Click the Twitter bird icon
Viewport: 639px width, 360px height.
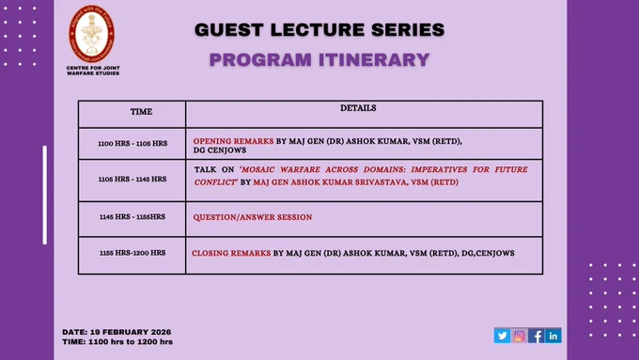502,336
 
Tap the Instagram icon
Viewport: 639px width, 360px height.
519,336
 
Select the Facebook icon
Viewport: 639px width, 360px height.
536,336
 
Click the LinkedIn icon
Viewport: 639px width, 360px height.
553,336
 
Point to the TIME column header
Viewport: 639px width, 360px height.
141,112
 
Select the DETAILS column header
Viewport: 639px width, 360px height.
358,108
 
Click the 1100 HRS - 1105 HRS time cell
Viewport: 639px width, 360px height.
132,144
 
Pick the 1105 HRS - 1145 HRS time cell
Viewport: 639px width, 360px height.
132,179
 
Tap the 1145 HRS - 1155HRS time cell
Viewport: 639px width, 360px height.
132,217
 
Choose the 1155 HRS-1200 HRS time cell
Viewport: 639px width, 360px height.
132,253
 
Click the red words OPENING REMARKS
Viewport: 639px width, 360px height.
233,141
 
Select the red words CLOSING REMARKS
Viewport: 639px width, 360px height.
231,253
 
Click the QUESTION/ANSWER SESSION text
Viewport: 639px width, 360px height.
253,217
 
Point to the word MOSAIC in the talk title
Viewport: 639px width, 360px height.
257,169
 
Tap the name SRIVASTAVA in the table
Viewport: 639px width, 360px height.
381,182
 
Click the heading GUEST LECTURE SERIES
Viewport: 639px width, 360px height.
319,30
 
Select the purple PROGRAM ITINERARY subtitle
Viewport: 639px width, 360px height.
319,60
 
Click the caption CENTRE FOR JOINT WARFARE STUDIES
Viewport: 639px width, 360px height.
93,70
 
